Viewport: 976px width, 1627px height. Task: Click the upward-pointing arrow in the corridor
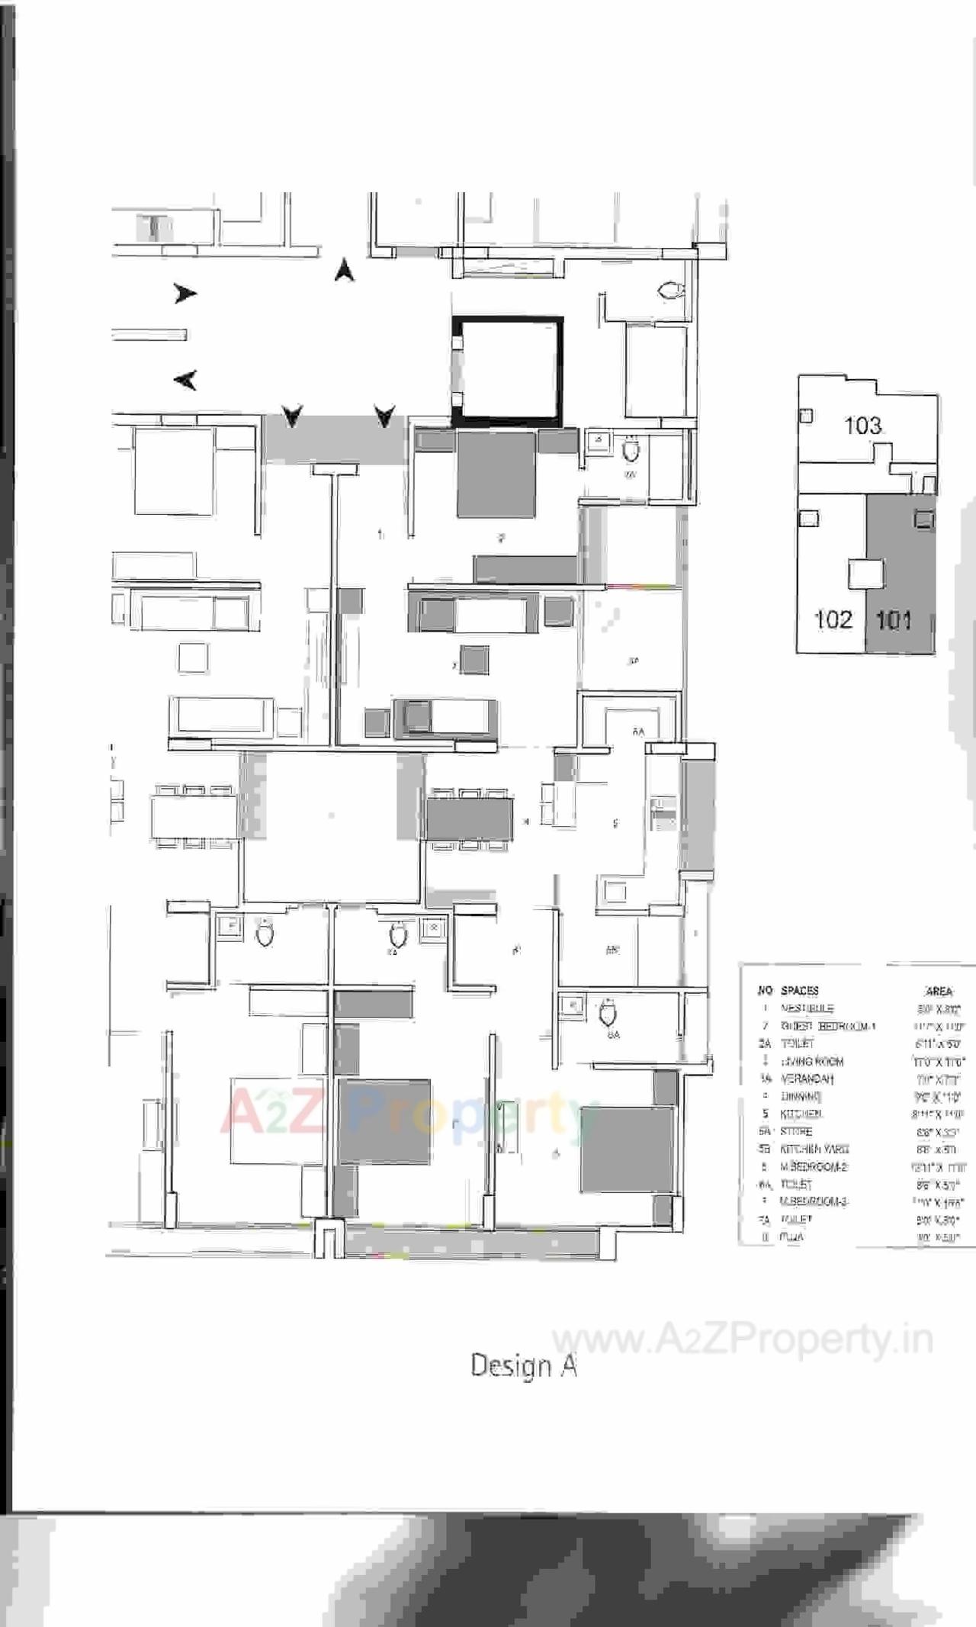point(345,269)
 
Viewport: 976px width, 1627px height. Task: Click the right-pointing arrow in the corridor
point(185,293)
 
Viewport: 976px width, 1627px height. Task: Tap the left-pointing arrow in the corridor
point(185,379)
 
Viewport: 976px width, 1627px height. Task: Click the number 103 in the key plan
point(862,425)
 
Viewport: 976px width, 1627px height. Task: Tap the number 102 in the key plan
point(833,619)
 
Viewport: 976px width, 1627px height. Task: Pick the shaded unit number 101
point(894,619)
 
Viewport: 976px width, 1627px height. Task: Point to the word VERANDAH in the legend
point(807,1079)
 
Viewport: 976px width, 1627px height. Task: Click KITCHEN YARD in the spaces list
point(814,1149)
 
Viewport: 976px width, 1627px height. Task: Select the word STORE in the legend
point(796,1131)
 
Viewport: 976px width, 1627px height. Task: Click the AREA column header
point(939,991)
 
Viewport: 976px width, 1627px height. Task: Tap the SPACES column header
point(800,990)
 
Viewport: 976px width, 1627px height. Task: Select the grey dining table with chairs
point(469,818)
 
